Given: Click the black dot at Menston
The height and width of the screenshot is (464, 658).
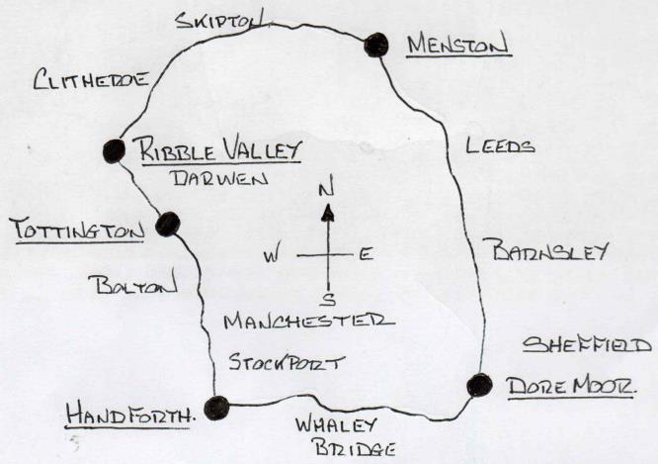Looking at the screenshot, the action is coord(375,44).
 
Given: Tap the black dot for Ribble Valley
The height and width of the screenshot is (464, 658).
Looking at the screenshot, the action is coord(113,150).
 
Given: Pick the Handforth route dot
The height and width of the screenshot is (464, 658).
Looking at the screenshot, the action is coord(216,407).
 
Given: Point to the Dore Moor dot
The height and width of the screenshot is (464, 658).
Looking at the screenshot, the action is coord(479,385).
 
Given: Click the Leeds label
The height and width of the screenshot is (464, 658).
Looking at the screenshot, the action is coord(498,146).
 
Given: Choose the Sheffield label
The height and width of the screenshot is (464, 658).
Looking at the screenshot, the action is coord(587,345).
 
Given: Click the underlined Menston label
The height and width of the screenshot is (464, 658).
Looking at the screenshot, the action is coord(455,46).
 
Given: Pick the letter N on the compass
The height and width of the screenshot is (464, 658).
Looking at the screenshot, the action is coord(330,187).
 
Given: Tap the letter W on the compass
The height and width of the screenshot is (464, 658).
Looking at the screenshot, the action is coord(271,256).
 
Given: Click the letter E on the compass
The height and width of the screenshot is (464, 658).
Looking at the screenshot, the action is coord(364,255).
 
